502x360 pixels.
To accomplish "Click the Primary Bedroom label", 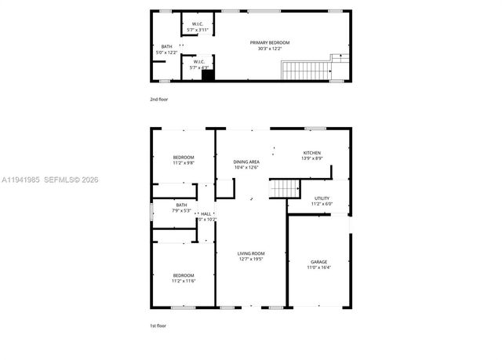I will click(265, 42).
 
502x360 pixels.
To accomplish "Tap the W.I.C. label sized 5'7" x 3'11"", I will click(198, 27).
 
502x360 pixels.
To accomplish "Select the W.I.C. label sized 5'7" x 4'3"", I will click(198, 64).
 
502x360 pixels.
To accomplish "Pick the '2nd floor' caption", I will click(158, 100).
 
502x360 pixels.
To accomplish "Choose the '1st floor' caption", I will click(158, 325).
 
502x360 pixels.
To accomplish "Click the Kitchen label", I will click(312, 153).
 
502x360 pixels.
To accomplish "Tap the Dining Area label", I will click(246, 162).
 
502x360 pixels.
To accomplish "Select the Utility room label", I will click(322, 198).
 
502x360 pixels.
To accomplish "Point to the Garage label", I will click(318, 262).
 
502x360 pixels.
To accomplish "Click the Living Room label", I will click(251, 253).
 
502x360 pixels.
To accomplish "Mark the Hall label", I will click(206, 213).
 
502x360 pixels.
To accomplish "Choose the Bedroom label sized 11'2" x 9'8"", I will click(184, 158).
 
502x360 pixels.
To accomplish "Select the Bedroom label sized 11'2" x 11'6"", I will click(184, 275).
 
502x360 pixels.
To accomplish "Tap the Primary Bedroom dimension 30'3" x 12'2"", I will click(265, 49).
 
